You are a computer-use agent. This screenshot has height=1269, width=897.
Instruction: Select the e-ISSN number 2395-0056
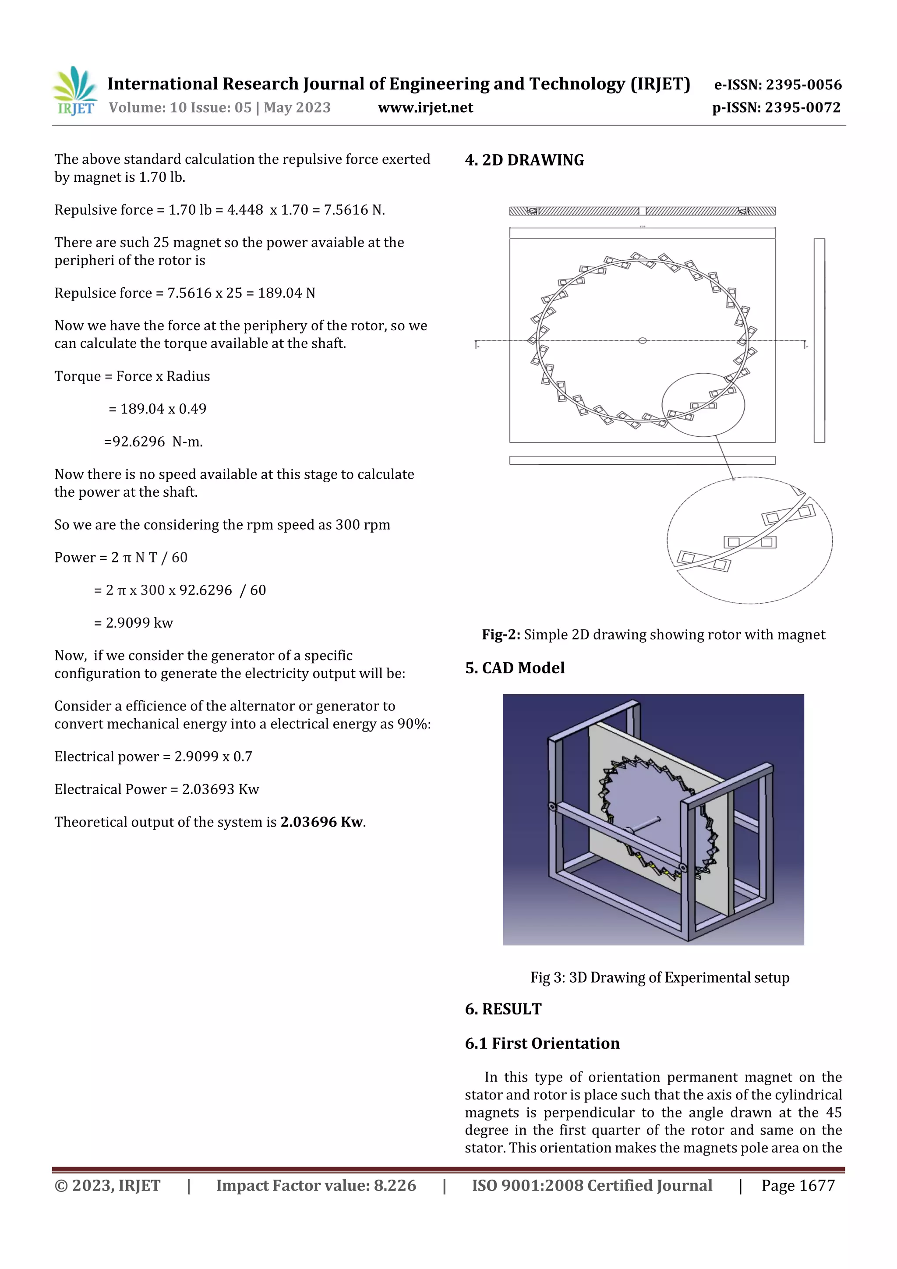pos(803,85)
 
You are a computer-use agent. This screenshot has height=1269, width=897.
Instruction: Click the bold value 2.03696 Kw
pos(321,822)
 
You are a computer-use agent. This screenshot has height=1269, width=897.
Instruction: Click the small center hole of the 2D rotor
pos(642,340)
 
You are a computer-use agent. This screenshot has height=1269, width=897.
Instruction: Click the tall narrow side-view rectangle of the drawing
pos(819,340)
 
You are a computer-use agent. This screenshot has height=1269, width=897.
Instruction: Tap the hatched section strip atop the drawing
pos(642,211)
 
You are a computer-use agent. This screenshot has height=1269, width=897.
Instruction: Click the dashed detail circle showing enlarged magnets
pos(749,540)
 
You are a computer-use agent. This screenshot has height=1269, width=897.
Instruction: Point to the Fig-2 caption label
pos(501,634)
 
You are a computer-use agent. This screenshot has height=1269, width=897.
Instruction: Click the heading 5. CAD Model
pos(515,668)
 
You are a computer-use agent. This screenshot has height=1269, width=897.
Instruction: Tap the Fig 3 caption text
pos(659,978)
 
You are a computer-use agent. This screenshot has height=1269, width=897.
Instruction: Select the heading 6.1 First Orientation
pos(542,1043)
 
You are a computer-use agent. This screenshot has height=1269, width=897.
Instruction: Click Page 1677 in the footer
pos(798,1185)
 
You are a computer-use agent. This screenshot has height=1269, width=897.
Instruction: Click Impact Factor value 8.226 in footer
pos(316,1185)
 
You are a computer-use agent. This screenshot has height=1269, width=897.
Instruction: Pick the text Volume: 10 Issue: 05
pos(180,108)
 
